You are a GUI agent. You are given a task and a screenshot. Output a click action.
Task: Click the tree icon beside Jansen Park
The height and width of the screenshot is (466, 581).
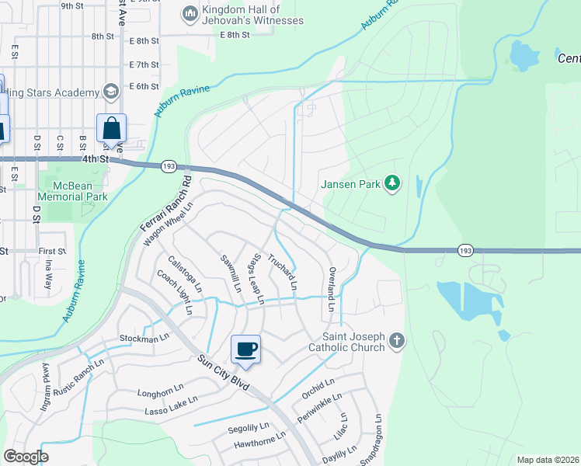[394, 183]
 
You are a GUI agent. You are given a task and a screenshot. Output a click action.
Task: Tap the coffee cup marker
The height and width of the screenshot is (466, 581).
[245, 349]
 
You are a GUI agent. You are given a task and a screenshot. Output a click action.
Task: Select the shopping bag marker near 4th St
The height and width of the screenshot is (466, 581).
[111, 128]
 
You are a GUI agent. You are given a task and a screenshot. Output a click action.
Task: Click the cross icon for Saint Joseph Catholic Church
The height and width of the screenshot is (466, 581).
[397, 340]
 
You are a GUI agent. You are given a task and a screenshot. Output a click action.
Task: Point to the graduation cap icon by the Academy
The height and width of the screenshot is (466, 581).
[110, 92]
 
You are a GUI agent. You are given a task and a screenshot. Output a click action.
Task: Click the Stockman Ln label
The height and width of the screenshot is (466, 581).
[144, 339]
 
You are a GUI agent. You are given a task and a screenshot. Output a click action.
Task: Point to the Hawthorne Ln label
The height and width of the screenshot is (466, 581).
[259, 445]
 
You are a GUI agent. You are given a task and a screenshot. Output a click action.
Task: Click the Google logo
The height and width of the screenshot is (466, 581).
[26, 457]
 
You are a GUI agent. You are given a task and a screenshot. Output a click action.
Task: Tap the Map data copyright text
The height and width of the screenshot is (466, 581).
[548, 460]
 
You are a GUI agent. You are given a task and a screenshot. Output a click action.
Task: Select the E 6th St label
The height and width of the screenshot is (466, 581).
[144, 86]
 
